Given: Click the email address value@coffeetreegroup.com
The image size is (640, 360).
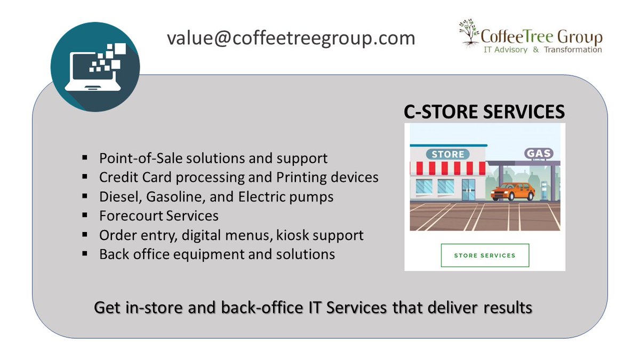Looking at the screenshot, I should point(291,38).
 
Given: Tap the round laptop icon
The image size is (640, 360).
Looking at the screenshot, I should point(95,67).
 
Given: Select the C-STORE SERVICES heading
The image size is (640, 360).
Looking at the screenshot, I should point(483,111).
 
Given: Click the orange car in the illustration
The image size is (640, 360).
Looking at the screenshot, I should point(513,191).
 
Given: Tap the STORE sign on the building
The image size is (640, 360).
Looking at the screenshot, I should point(448,154).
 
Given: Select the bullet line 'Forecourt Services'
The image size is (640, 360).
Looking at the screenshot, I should point(159,216).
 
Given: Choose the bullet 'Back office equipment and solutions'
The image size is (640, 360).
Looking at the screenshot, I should point(217,254).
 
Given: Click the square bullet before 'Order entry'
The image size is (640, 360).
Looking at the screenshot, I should point(85,235).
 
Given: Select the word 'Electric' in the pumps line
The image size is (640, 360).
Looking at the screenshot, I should point(253,197).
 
